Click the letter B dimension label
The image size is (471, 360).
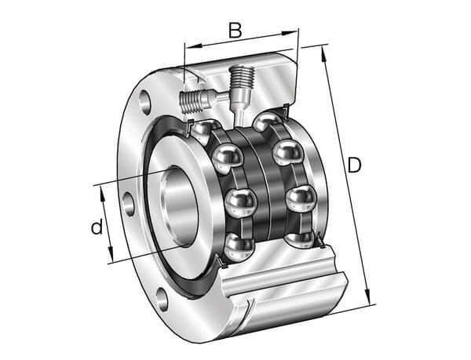click(235, 30)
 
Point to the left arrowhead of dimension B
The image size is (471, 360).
click(193, 46)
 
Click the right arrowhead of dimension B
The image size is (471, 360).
click(290, 33)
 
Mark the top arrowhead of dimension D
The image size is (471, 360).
click(323, 54)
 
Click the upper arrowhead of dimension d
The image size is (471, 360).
click(102, 195)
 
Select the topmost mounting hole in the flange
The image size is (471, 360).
click(145, 102)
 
